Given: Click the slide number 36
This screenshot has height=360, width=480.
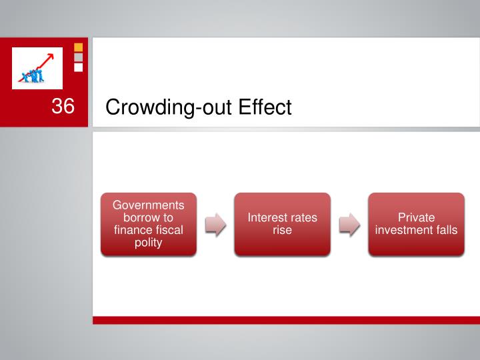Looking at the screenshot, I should click(62, 106).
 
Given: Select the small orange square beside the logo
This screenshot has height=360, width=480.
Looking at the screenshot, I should click(78, 47).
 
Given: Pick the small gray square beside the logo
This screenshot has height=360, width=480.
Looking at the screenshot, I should click(78, 57).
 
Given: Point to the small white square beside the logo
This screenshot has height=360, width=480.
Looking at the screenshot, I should click(78, 67).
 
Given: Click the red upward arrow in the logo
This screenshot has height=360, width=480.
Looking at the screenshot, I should click(42, 61).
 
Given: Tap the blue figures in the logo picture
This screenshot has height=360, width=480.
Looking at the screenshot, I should click(32, 75).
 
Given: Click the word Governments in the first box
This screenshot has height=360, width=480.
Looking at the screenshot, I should click(148, 205).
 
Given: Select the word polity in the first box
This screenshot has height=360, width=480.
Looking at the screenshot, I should click(148, 243).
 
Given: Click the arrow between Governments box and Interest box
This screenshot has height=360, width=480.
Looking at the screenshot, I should click(215, 225).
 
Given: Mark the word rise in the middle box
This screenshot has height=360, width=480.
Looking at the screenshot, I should click(282, 231).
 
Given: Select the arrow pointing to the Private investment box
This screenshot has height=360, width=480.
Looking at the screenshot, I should click(349, 225).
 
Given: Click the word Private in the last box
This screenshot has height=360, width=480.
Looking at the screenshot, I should click(416, 218).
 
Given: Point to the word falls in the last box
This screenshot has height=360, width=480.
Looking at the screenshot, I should click(445, 231).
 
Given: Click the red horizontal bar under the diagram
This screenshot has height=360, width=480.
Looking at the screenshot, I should click(286, 320).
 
